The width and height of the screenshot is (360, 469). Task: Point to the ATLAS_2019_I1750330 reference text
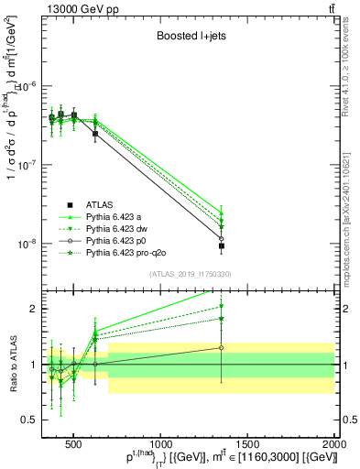click(189, 274)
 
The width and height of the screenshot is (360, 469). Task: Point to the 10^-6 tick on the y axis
click(32, 86)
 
